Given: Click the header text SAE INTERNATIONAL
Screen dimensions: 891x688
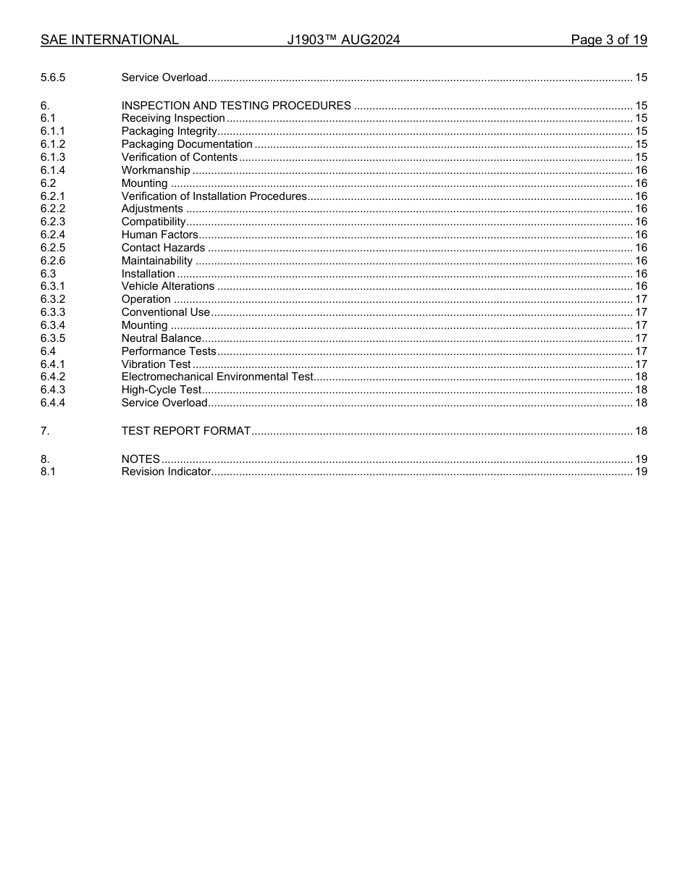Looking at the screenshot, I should (x=109, y=40).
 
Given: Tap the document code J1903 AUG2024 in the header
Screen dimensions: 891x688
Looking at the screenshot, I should (x=343, y=40).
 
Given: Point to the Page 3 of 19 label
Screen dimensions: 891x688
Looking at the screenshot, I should (x=608, y=40).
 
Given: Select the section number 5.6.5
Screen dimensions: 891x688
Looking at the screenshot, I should (x=53, y=78).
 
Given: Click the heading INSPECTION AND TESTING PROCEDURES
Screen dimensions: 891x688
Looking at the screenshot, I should (x=236, y=106).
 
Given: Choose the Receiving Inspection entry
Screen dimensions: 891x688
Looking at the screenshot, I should (x=173, y=118).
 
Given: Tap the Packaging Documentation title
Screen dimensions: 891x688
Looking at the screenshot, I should (x=187, y=144).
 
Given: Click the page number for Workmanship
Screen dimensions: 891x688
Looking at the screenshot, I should (x=641, y=170).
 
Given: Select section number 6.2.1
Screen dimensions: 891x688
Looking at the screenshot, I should (x=53, y=196).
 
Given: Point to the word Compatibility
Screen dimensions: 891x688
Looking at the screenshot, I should (x=154, y=222).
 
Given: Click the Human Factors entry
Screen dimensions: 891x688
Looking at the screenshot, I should (x=159, y=235).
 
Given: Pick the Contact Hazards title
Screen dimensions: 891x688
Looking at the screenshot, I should (x=163, y=248).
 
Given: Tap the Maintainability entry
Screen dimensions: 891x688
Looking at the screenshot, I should (x=157, y=261).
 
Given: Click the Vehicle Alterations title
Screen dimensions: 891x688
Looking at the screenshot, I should (x=168, y=286).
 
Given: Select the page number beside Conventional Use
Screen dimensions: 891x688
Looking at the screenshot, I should (x=641, y=312).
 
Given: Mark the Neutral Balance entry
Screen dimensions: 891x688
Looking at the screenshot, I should (x=161, y=338).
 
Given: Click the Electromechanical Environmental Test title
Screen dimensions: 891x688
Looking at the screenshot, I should (x=217, y=377).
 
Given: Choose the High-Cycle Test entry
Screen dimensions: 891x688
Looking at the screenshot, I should (x=161, y=390).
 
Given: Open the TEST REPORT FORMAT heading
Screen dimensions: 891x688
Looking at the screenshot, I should (x=186, y=431).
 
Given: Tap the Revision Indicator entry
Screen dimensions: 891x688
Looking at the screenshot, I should (x=166, y=472).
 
